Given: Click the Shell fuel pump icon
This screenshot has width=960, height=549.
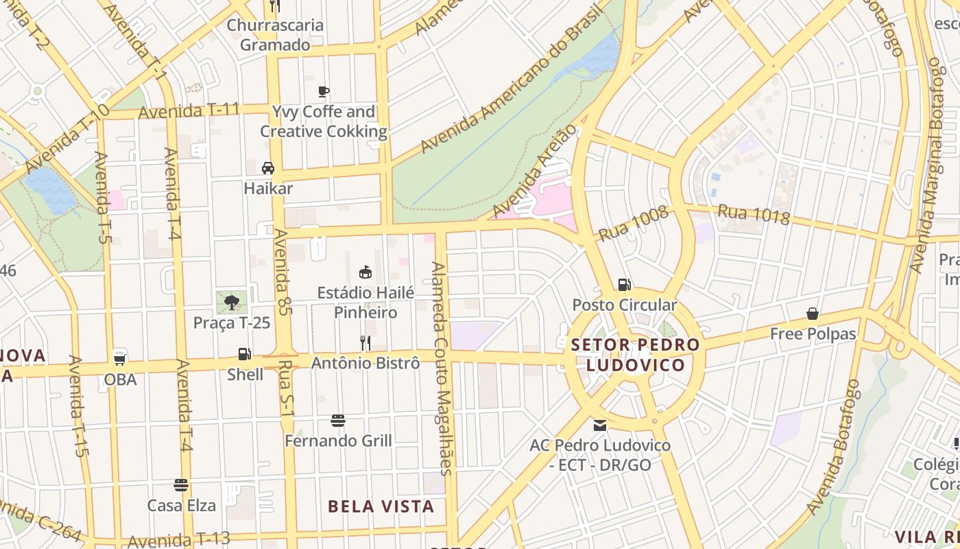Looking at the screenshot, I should (x=243, y=354).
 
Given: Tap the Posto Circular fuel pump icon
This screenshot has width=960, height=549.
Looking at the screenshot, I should (x=624, y=284).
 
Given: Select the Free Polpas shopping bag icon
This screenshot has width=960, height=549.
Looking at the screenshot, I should (x=813, y=314).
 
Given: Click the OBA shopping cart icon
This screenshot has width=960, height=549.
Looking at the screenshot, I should (x=120, y=358).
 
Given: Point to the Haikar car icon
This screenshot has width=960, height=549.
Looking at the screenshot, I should (x=268, y=168).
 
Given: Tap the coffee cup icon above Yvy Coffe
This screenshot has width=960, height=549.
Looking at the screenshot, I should (x=324, y=91).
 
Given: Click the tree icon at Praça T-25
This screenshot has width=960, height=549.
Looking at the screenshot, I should (x=232, y=301).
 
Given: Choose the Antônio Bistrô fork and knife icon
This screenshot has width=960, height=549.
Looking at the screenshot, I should (x=365, y=342).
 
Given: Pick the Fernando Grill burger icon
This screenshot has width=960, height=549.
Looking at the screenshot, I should (x=338, y=420).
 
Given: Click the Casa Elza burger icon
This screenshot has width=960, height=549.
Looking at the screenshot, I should (x=181, y=485).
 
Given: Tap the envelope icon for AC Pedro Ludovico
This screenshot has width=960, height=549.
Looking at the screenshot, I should (x=600, y=425).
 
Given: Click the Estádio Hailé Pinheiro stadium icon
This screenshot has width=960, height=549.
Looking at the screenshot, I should (x=365, y=272).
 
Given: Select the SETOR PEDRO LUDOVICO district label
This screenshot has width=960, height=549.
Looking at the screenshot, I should (x=636, y=355).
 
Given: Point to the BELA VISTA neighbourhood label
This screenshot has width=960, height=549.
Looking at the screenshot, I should (x=381, y=506).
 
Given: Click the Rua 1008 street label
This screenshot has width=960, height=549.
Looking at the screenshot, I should (x=633, y=224).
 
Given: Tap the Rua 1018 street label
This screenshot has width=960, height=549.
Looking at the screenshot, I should (x=754, y=214).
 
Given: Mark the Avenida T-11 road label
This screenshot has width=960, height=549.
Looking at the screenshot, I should (x=189, y=110).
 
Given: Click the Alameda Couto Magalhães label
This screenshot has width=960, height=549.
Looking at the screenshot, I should (x=442, y=368).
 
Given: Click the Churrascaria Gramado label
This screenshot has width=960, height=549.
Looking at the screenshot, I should (x=275, y=35).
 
